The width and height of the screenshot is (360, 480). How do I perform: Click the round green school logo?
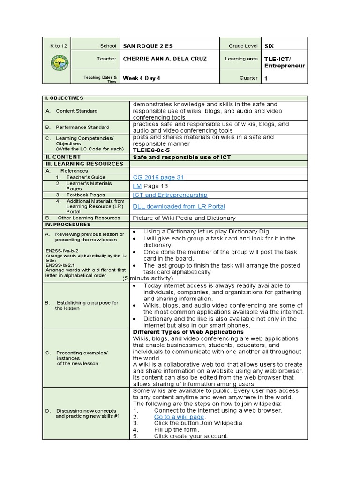[60, 63]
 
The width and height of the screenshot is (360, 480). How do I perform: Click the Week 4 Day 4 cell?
[141, 78]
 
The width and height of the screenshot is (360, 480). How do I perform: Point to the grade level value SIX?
[269, 46]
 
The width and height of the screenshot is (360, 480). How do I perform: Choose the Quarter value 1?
[266, 78]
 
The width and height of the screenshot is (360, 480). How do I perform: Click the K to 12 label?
[59, 46]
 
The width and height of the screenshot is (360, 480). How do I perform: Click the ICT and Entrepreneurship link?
[170, 195]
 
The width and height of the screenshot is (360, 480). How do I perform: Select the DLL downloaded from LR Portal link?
[179, 206]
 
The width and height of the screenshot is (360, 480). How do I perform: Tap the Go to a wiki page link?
[180, 416]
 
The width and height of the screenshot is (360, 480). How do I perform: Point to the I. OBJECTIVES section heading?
[64, 98]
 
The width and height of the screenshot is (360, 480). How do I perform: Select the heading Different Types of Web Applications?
[188, 332]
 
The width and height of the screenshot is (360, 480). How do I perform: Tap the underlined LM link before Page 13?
[137, 186]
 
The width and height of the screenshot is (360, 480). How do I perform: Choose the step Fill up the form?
[176, 429]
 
